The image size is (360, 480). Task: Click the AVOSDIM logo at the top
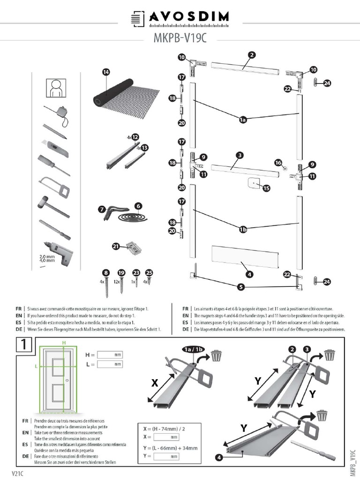(x=180, y=18)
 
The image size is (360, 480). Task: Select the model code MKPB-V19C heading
(x=180, y=38)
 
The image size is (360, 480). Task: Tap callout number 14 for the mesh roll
(x=106, y=72)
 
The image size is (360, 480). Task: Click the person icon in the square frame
(x=56, y=88)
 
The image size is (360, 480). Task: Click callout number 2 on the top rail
(x=252, y=55)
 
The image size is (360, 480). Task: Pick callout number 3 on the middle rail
(x=240, y=155)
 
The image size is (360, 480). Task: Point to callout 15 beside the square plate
(x=266, y=188)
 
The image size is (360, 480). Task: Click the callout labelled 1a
(x=243, y=120)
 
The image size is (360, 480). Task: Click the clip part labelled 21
(x=133, y=247)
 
